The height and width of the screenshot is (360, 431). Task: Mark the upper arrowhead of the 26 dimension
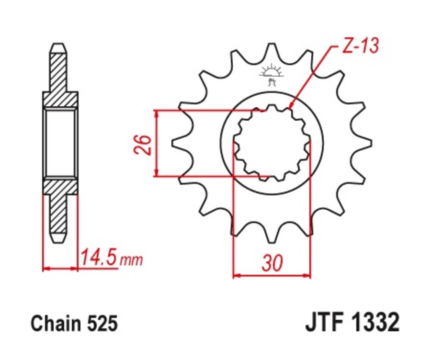click(x=156, y=114)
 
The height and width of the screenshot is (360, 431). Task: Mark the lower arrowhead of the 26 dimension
click(x=156, y=172)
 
